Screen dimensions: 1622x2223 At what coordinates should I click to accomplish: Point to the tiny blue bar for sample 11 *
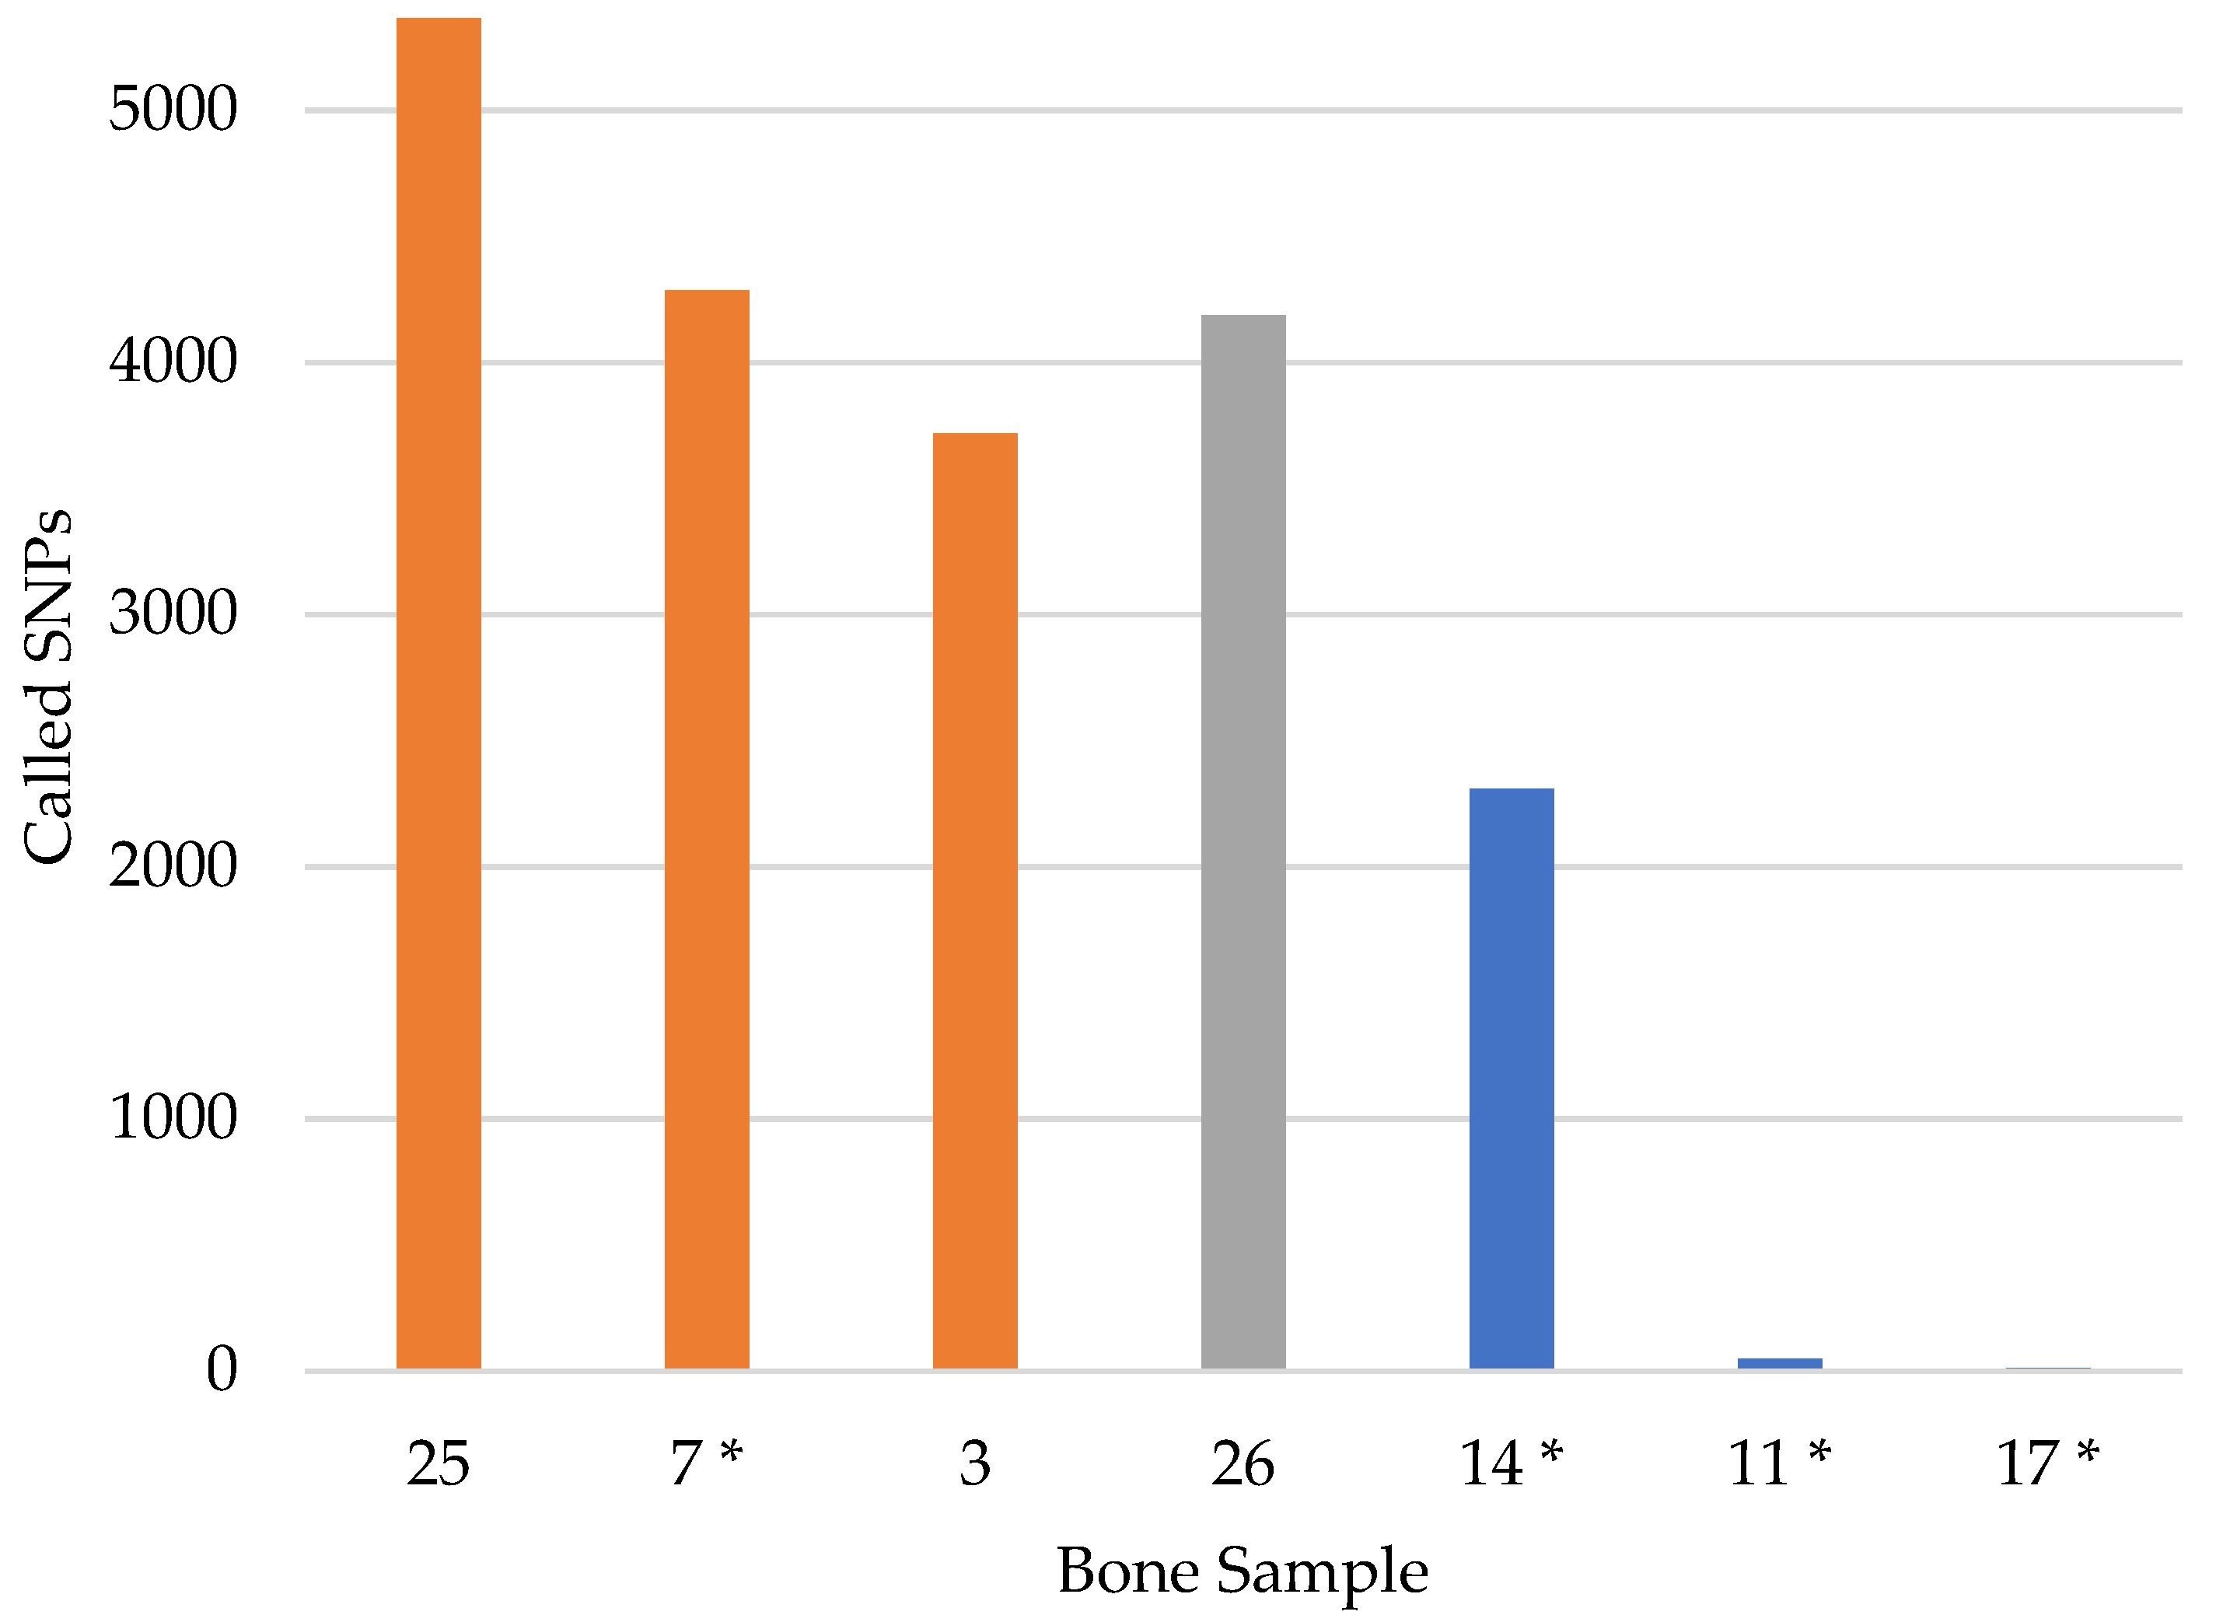(1779, 1364)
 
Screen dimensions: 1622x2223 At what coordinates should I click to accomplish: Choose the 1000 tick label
(173, 1117)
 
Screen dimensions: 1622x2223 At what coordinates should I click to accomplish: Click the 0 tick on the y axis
(222, 1369)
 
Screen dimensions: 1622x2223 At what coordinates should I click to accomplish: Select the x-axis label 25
(438, 1464)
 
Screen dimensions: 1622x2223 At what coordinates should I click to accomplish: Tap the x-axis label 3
(975, 1464)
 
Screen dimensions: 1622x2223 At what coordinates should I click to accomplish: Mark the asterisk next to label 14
(1550, 1452)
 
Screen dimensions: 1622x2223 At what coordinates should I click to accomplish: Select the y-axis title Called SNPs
(47, 687)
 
